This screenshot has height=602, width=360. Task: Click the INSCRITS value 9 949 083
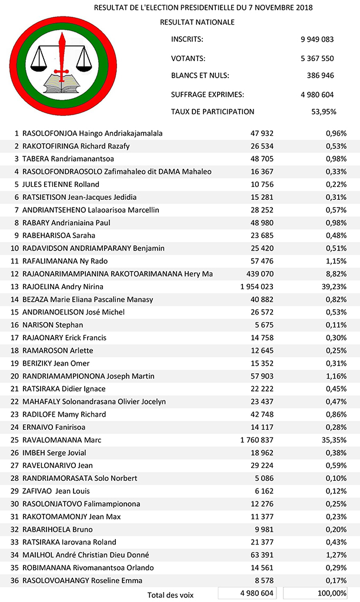(316, 39)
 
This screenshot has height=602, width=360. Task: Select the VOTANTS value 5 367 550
(316, 58)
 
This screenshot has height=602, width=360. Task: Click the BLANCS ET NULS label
(200, 76)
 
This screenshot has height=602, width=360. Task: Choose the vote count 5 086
(263, 478)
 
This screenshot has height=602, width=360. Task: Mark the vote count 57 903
(260, 376)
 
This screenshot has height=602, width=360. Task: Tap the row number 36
(14, 580)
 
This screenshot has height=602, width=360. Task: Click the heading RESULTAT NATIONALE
(197, 22)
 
